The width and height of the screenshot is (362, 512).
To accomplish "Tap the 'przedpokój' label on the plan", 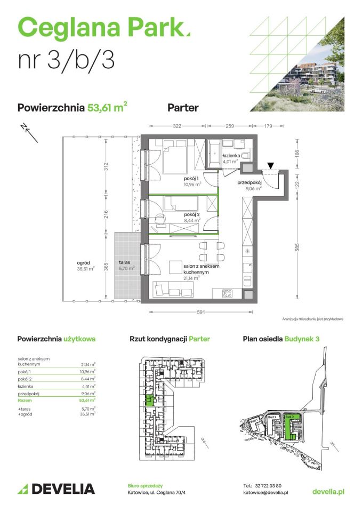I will tap(249, 182).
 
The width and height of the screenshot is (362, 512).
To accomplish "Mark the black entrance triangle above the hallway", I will tap(271, 166).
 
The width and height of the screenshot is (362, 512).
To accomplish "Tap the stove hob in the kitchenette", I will tap(227, 293).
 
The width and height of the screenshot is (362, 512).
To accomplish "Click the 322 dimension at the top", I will tap(178, 126).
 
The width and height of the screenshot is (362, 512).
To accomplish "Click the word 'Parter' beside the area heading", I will tap(183, 108).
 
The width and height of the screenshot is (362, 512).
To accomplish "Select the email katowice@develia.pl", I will tap(266, 493).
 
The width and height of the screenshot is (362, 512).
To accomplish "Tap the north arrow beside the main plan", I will tap(30, 134).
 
